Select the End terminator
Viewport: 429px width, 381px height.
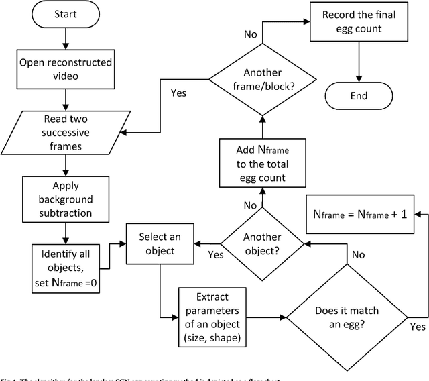(x=359, y=95)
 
